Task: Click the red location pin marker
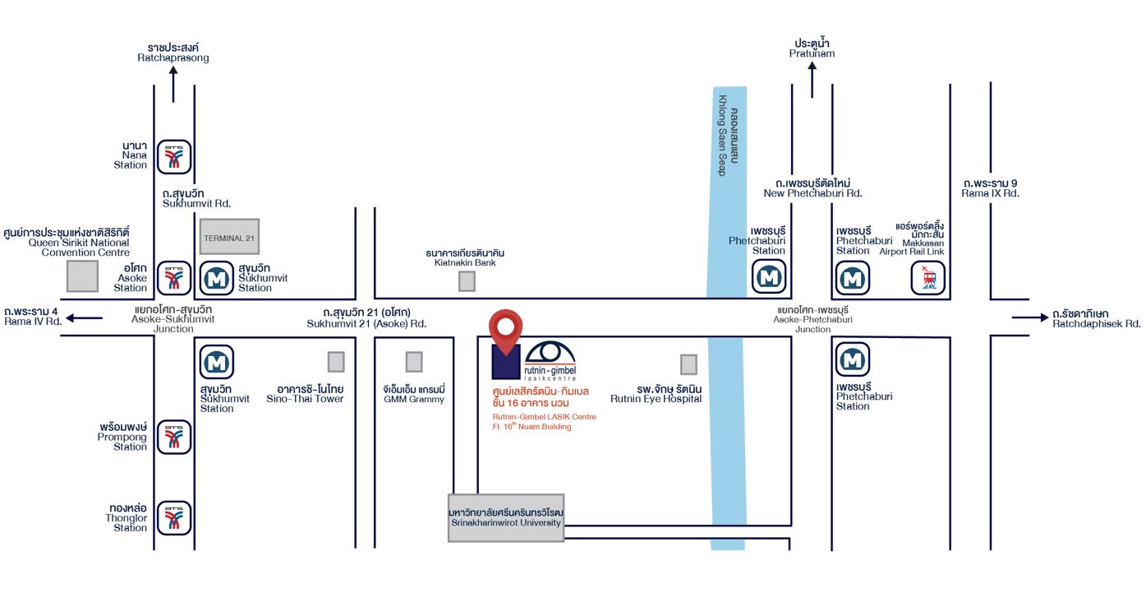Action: [x=505, y=329]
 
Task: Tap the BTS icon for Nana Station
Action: [x=174, y=155]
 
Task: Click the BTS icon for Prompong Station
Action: [x=174, y=437]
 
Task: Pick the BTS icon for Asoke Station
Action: [x=174, y=278]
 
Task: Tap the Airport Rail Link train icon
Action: [x=928, y=278]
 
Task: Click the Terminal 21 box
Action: [x=229, y=237]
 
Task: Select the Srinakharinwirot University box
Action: [x=506, y=517]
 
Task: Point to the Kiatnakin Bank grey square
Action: [x=467, y=281]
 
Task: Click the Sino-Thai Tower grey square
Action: [x=336, y=361]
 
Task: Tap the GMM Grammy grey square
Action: [x=414, y=361]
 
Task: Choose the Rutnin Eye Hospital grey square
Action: [x=688, y=364]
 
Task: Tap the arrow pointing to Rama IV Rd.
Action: [x=85, y=317]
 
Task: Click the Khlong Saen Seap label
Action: [x=729, y=141]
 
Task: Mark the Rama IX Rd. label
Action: [x=990, y=188]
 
